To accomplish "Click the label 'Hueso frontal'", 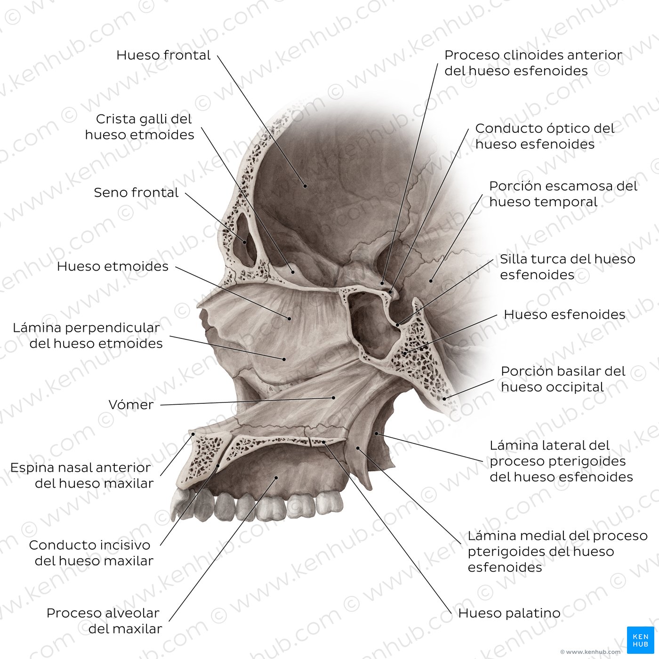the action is pyautogui.click(x=163, y=55).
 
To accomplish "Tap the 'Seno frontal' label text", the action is pyautogui.click(x=136, y=193).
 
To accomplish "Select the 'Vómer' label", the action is pyautogui.click(x=131, y=405).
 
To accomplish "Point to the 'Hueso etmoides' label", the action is pyautogui.click(x=113, y=266).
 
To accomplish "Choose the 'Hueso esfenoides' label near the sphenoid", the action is pyautogui.click(x=564, y=314).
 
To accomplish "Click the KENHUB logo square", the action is pyautogui.click(x=641, y=640).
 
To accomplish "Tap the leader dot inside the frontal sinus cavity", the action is pyautogui.click(x=245, y=242).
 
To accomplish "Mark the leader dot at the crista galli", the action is pyautogui.click(x=293, y=272).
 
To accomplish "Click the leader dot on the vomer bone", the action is pyautogui.click(x=334, y=397).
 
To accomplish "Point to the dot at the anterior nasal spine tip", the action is pyautogui.click(x=193, y=434).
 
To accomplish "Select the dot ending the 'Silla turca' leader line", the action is pyautogui.click(x=397, y=325).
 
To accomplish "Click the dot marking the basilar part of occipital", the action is pyautogui.click(x=444, y=399).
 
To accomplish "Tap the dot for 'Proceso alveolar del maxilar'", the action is pyautogui.click(x=276, y=478).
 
